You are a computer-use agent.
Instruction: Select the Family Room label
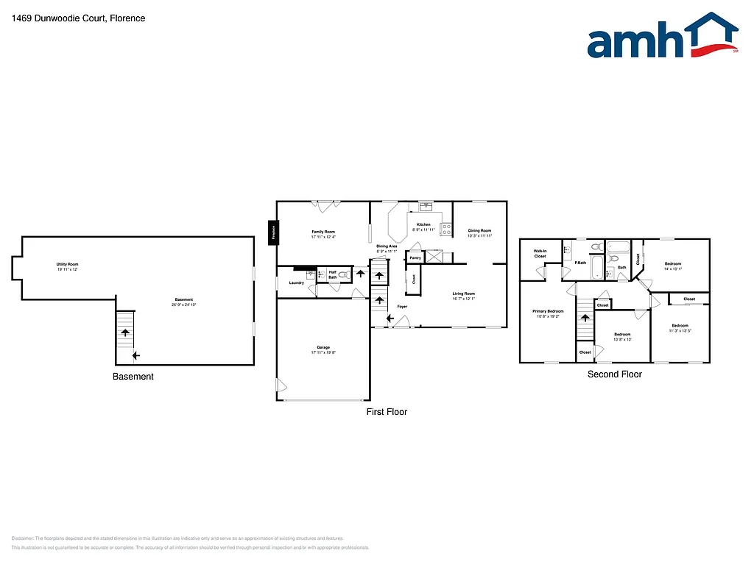(x=323, y=232)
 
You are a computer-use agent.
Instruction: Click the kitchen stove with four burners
(x=446, y=228)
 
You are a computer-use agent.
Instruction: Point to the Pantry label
(x=415, y=258)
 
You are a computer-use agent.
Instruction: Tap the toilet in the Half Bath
(x=342, y=274)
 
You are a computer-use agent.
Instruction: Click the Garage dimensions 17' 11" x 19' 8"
(x=323, y=352)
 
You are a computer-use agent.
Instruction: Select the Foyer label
(x=402, y=306)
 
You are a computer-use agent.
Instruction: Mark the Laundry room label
(x=297, y=282)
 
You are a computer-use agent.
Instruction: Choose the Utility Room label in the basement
(x=67, y=264)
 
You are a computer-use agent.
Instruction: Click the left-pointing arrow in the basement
(x=136, y=356)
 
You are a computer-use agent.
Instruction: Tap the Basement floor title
(x=133, y=377)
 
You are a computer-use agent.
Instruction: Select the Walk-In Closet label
(x=540, y=253)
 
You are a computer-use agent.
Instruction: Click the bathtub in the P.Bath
(x=617, y=247)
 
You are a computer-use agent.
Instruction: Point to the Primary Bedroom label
(x=548, y=311)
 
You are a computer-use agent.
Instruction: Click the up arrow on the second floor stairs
(x=585, y=318)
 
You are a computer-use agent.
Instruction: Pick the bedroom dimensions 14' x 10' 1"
(x=673, y=269)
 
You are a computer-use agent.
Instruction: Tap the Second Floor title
(x=614, y=374)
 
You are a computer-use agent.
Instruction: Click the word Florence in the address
(x=127, y=18)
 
